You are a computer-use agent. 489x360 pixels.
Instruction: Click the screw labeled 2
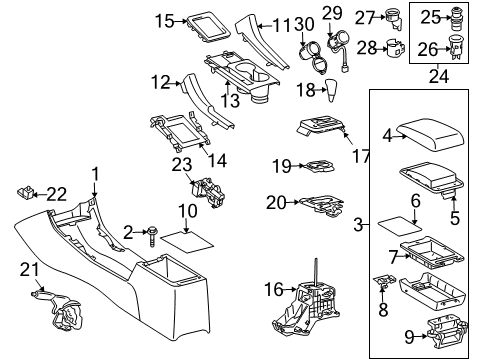(x=156, y=234)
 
